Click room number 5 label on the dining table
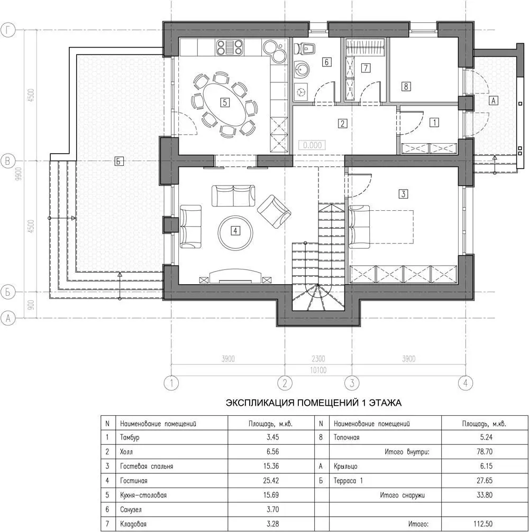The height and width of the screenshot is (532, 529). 225,102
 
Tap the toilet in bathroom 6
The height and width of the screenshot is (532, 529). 305,48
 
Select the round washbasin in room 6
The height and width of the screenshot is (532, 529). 302,70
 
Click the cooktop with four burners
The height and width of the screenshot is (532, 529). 230,48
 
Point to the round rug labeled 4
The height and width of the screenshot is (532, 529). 235,231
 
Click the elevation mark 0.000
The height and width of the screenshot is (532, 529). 312,145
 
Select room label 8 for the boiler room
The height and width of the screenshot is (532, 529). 406,86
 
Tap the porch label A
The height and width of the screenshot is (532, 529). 494,100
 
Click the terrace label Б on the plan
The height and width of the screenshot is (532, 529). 118,161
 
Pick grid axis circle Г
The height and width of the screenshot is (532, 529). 8,30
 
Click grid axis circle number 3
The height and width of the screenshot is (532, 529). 352,384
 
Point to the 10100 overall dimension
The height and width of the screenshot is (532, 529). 318,370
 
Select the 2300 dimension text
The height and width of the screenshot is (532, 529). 318,359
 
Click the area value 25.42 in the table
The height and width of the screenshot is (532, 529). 271,480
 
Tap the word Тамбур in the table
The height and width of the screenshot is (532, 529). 130,437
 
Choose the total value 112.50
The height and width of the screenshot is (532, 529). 483,524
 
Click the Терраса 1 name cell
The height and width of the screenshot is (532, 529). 348,480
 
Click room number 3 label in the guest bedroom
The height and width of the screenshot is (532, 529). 403,194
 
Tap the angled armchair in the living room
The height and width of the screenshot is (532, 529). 274,211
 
